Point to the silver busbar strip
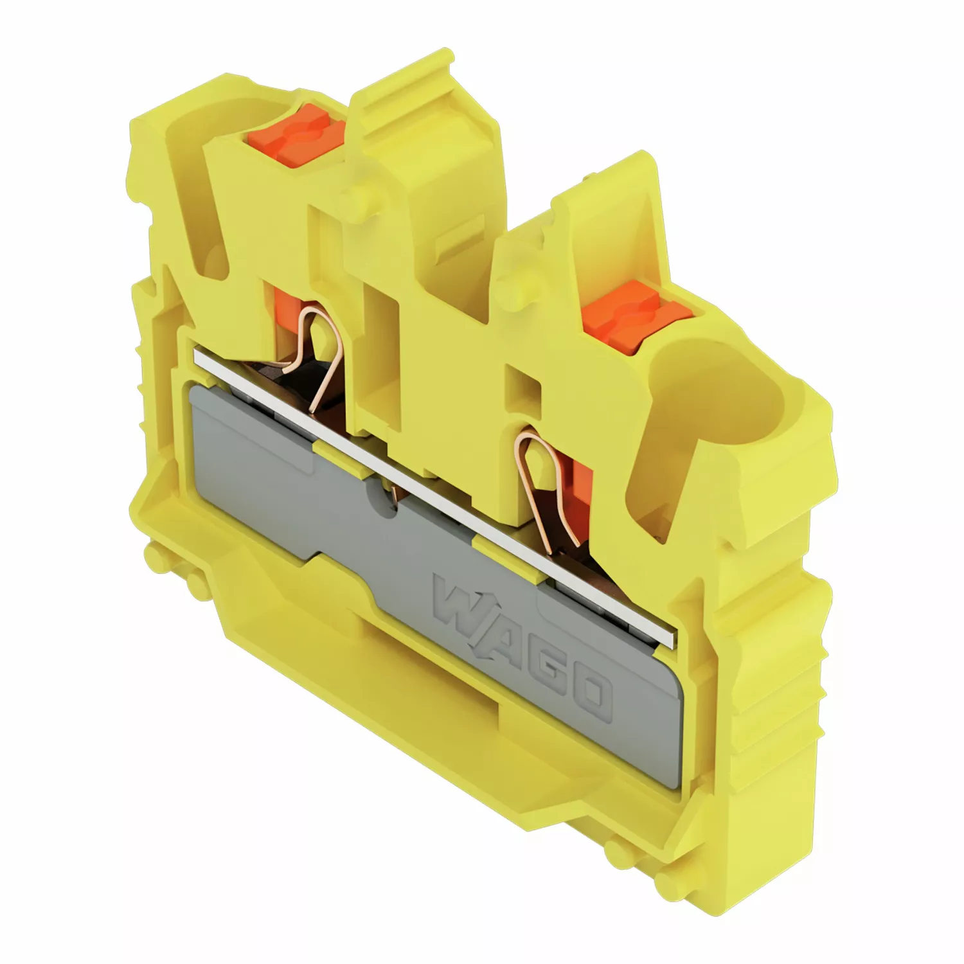[x=434, y=495]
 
